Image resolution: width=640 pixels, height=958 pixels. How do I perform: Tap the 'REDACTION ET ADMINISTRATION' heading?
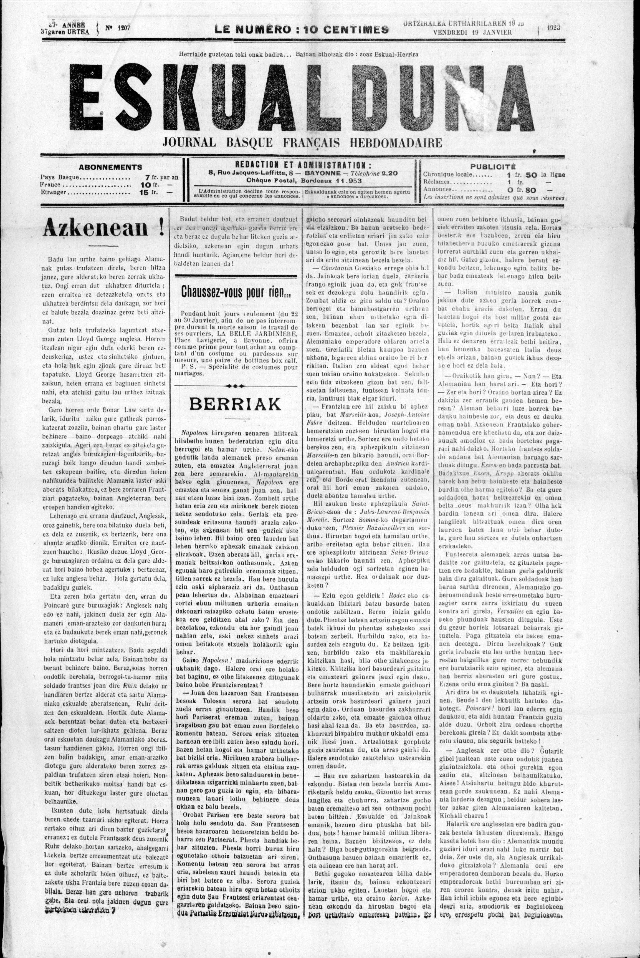tap(303, 165)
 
